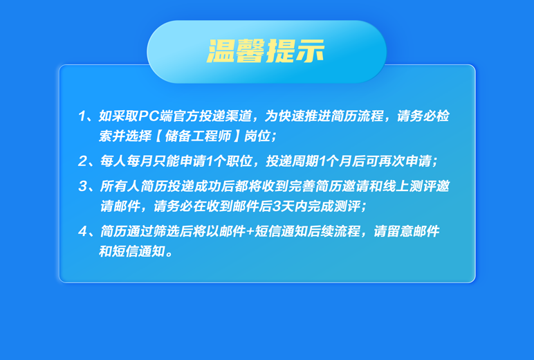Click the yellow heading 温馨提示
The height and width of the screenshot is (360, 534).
[x=266, y=51]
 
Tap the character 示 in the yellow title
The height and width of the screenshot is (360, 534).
[x=310, y=51]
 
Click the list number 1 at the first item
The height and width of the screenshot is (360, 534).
[x=82, y=116]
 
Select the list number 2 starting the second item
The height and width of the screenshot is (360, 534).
[x=82, y=161]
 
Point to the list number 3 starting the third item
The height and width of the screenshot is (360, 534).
[x=83, y=186]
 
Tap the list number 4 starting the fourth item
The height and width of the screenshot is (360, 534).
[x=83, y=231]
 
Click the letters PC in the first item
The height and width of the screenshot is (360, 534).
[x=149, y=116]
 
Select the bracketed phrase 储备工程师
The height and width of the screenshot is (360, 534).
[x=198, y=136]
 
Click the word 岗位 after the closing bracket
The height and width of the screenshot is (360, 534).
[x=257, y=136]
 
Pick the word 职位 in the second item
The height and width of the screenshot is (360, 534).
[x=239, y=161]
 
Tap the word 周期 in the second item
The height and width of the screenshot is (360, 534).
[x=305, y=161]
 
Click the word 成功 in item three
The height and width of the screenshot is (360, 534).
[x=207, y=186]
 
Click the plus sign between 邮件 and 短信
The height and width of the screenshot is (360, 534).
[x=250, y=232]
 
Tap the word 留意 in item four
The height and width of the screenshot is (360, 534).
[x=400, y=231]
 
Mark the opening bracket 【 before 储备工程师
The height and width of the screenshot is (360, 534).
[x=158, y=136]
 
